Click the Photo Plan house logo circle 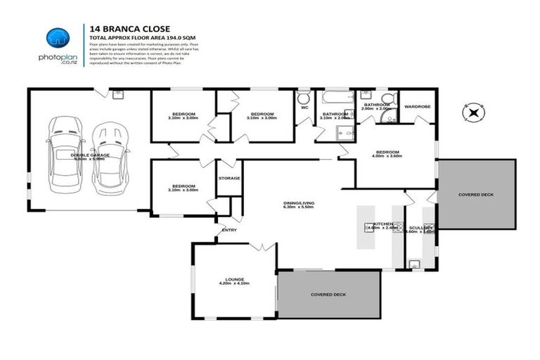(x=58, y=39)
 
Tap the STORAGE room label (x=229, y=178)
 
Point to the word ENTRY (x=229, y=230)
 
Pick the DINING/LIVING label (x=298, y=202)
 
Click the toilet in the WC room (x=304, y=98)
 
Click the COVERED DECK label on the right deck (x=475, y=193)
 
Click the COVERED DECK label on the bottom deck (x=328, y=295)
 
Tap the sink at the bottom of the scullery (x=415, y=265)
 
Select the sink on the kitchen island (x=368, y=226)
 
